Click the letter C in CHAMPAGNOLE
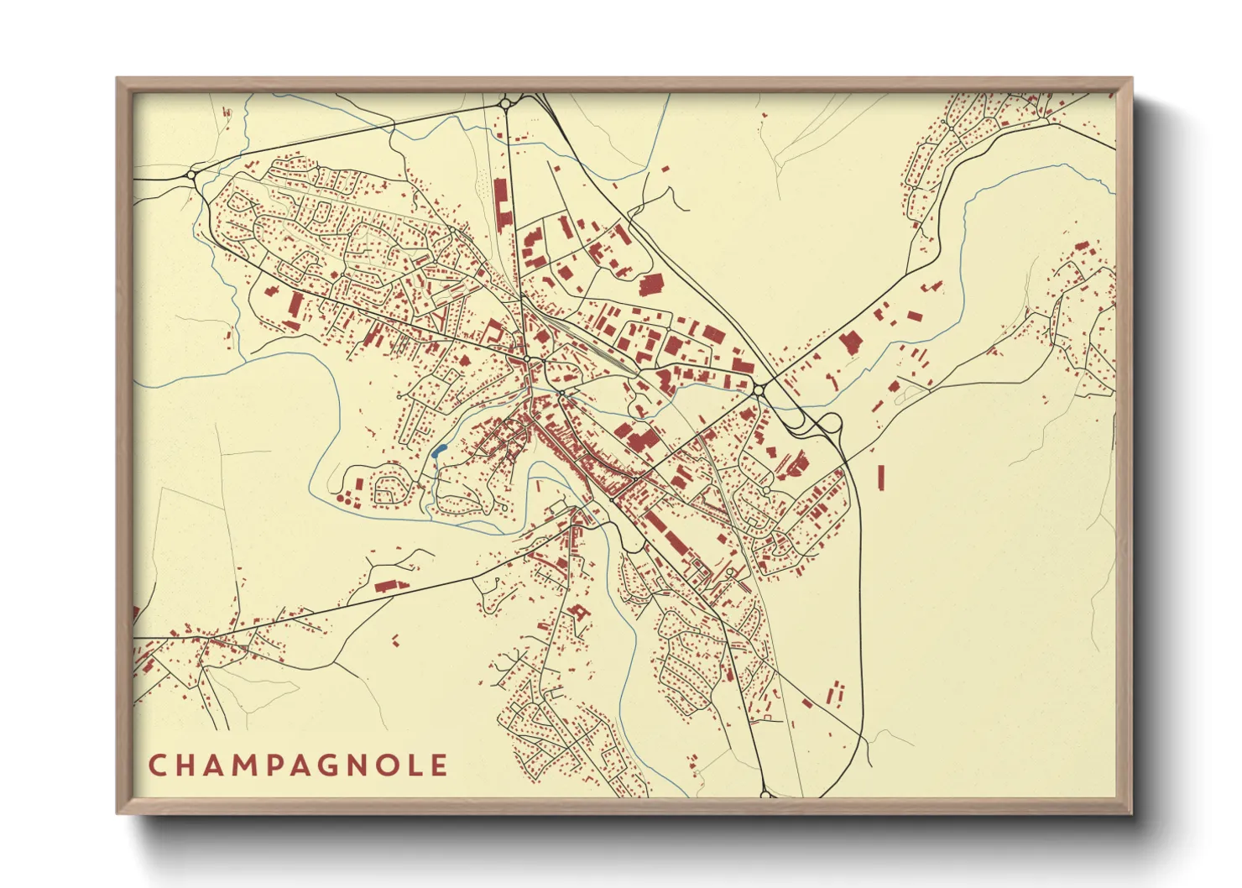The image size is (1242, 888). point(157,765)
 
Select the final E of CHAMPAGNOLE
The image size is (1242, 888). point(439,765)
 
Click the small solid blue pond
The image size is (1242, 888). point(437,452)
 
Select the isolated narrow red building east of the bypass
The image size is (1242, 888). point(880,477)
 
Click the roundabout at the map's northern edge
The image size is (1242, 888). point(506,104)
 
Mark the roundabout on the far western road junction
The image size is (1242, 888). point(192,175)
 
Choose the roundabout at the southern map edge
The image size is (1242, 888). point(765,793)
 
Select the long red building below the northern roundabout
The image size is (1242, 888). point(503,201)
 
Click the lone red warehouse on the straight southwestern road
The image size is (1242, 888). point(390,585)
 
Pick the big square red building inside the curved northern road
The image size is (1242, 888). point(652,285)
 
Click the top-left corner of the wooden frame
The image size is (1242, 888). point(118,80)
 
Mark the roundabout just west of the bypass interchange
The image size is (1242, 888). point(759,390)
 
